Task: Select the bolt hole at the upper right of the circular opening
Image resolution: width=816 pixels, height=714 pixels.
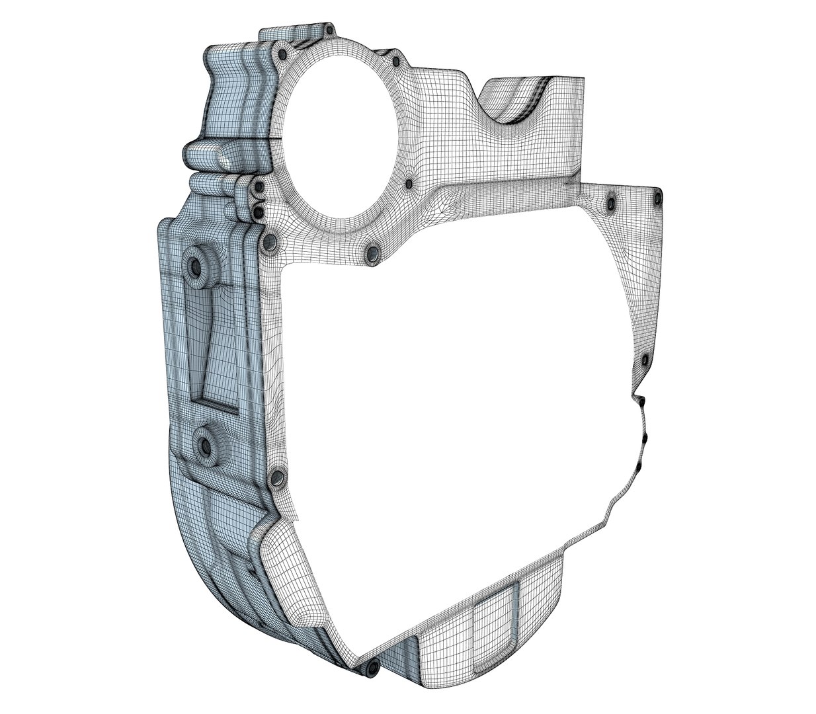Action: pos(396,61)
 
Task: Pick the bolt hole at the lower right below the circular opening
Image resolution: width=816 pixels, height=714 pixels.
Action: pos(372,253)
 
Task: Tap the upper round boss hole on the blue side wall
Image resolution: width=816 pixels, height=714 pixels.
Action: pos(196,266)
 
